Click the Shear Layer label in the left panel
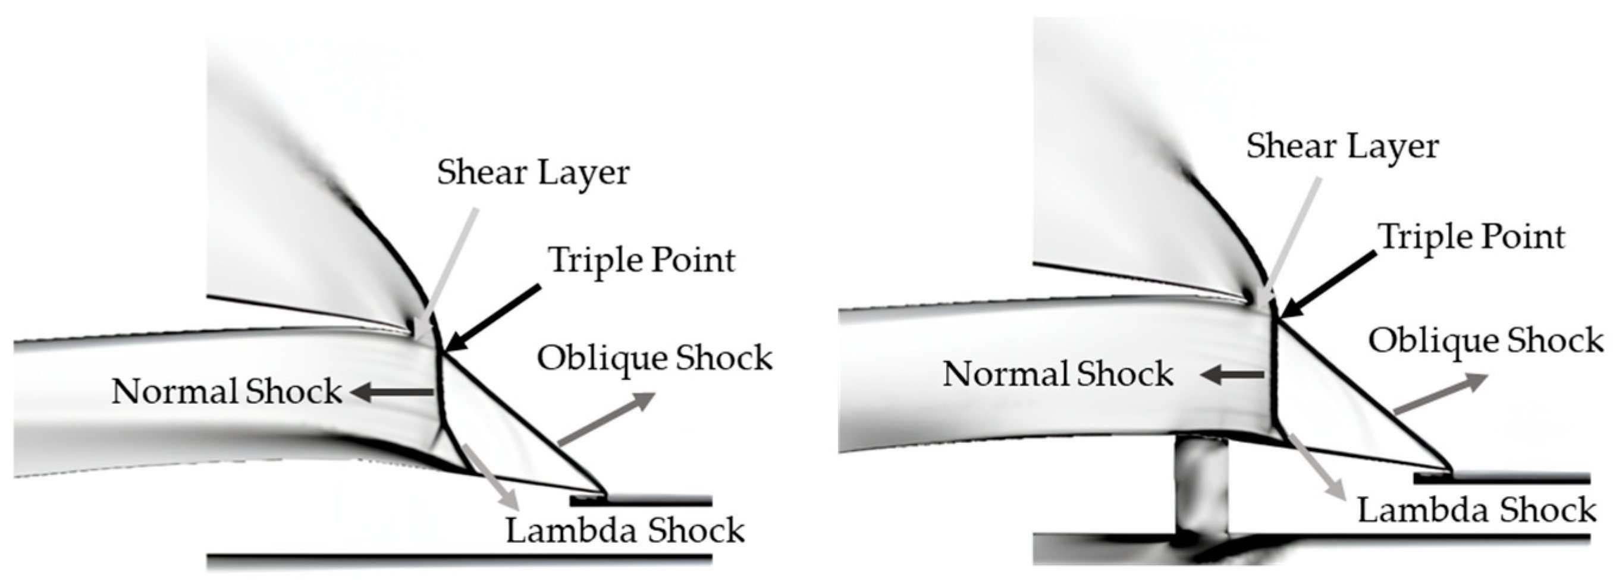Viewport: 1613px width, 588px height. pyautogui.click(x=533, y=172)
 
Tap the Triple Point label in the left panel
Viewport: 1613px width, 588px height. pyautogui.click(x=641, y=260)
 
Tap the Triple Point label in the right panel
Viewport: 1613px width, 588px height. pyautogui.click(x=1471, y=237)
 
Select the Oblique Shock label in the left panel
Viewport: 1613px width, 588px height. pyautogui.click(x=654, y=358)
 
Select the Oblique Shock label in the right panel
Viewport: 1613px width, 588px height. pyautogui.click(x=1485, y=341)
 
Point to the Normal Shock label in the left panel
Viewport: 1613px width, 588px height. pyautogui.click(x=227, y=392)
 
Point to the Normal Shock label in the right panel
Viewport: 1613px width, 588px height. pyautogui.click(x=1057, y=375)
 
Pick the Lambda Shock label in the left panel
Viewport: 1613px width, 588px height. pyautogui.click(x=625, y=531)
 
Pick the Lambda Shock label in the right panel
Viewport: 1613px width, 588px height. pyautogui.click(x=1476, y=510)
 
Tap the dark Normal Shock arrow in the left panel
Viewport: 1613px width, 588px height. pyautogui.click(x=393, y=392)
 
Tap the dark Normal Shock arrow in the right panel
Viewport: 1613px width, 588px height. pyautogui.click(x=1232, y=376)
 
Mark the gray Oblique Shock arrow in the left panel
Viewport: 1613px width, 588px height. pyautogui.click(x=606, y=420)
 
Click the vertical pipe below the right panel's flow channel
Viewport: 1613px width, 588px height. pyautogui.click(x=1200, y=485)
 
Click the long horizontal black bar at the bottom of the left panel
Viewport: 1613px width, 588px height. pyautogui.click(x=459, y=556)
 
